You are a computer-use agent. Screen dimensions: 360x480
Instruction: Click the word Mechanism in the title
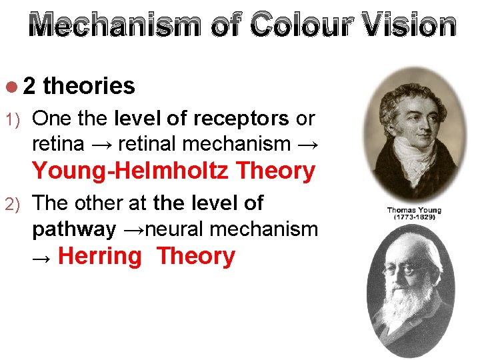coord(115,25)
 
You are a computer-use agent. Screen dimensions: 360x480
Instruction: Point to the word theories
coord(89,86)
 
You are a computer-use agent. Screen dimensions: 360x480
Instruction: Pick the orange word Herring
coord(100,256)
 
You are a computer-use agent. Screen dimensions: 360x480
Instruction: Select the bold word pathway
coord(73,229)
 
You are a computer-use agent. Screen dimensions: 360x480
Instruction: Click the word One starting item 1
coord(51,119)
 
